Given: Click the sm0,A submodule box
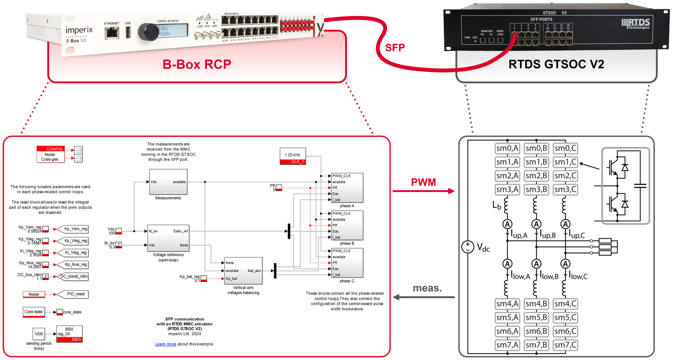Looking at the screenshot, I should pos(507,148).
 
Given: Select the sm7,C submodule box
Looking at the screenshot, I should pos(565,345).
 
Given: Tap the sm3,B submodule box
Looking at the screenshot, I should pos(536,189).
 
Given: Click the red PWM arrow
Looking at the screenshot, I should pos(423,191).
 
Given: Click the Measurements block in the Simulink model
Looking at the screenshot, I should pos(168,182).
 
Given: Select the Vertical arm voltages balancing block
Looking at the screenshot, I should pos(243,271).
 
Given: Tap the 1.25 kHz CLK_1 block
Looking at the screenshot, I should pos(293,156).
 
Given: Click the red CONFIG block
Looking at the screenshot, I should pos(51,154).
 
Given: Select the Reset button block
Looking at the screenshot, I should pos(34,294).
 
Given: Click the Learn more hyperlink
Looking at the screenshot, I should pos(165,344).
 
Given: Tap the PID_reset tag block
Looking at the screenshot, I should pos(73,294).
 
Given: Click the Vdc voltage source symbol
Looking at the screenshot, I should pos(467,247).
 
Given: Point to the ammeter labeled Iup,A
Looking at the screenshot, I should pos(507,224).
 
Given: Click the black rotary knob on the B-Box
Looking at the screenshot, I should pos(148,32).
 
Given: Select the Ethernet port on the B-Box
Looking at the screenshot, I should pos(112,33).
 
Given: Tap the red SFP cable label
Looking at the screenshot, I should pos(395,47).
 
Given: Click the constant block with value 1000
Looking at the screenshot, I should pos(39,334).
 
